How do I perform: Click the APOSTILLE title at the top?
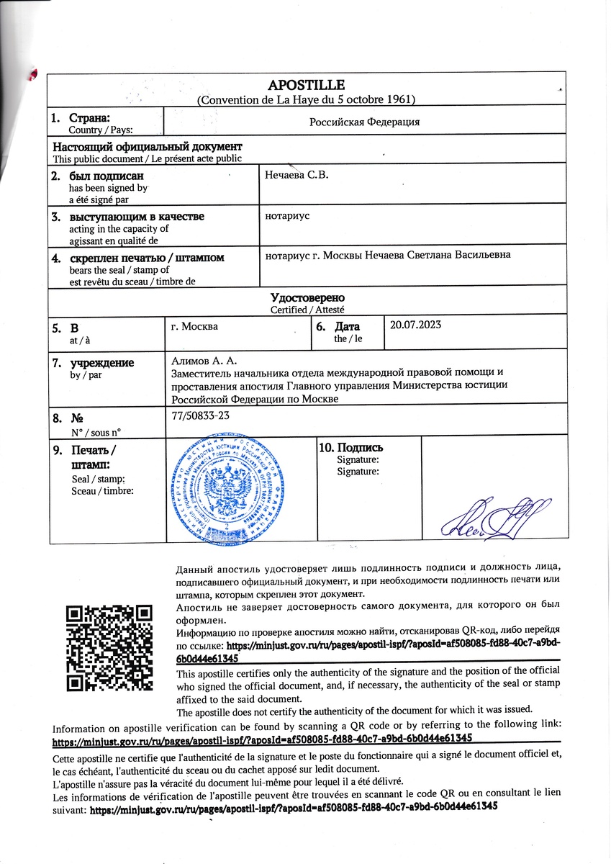click(x=306, y=85)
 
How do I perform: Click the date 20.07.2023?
click(x=415, y=325)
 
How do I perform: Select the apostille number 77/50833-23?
click(x=201, y=415)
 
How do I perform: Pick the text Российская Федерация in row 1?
click(x=364, y=122)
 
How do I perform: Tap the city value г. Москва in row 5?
click(x=195, y=325)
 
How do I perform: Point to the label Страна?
click(x=89, y=117)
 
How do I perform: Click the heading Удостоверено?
click(x=307, y=298)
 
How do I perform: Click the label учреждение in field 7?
click(x=101, y=363)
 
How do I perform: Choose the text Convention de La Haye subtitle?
click(x=306, y=99)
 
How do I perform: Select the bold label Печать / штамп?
click(x=94, y=457)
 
